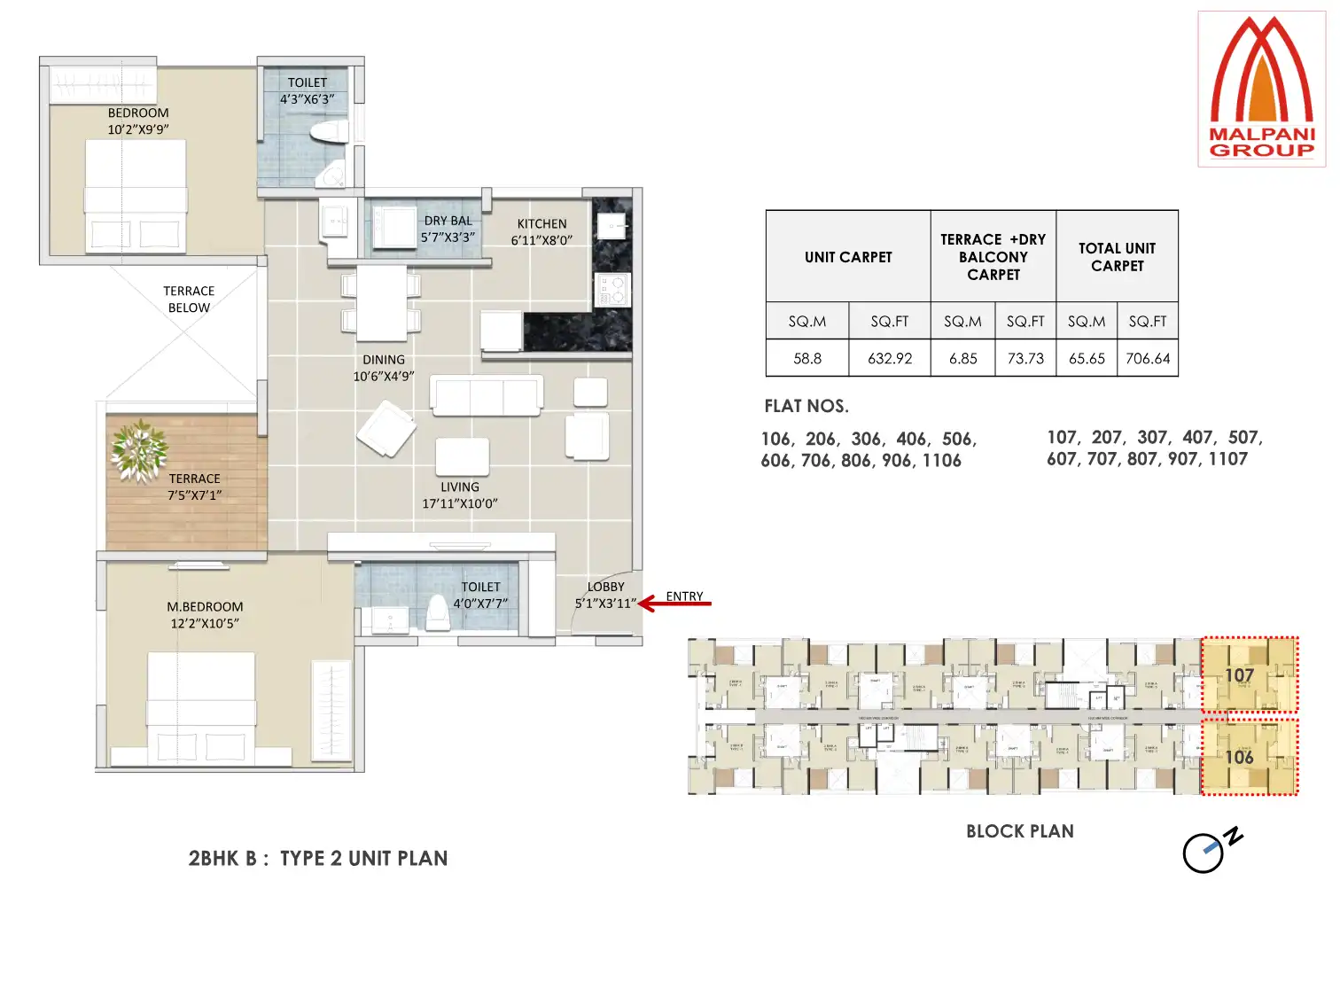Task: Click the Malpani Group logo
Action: tap(1261, 89)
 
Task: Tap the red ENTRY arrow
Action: tap(674, 604)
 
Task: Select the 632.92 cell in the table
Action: tap(890, 358)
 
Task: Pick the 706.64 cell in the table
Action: tap(1148, 358)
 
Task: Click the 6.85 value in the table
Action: tap(962, 358)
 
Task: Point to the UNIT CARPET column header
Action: tap(848, 257)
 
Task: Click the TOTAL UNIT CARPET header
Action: tap(1117, 257)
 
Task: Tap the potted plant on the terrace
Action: tap(139, 450)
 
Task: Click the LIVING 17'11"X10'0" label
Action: tap(459, 495)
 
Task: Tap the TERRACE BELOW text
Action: tap(189, 300)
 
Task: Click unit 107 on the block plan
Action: tap(1249, 675)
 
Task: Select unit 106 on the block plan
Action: tap(1249, 757)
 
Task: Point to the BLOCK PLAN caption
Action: tap(1019, 831)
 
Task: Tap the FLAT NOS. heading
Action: tap(806, 406)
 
